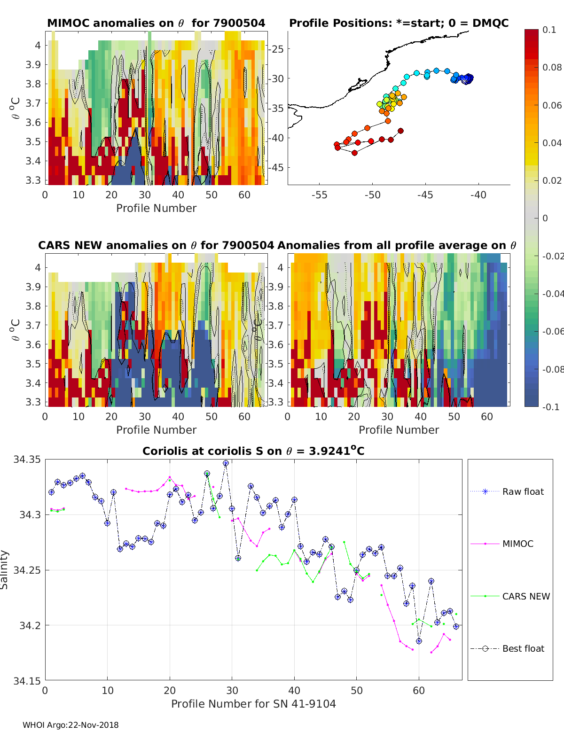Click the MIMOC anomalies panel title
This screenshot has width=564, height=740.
tap(156, 23)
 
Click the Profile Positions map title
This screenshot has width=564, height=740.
tap(399, 23)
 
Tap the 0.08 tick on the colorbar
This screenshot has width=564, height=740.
tap(552, 67)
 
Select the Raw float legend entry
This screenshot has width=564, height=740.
tap(523, 491)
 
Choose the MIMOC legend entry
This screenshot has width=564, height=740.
tap(517, 544)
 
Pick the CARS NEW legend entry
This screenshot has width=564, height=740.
tap(525, 596)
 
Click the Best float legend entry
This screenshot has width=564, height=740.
tap(523, 648)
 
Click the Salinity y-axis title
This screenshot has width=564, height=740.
tap(5, 569)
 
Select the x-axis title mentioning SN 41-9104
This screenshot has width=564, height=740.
tap(253, 704)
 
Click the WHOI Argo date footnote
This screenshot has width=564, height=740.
tap(70, 725)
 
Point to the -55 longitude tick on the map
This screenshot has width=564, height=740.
tap(319, 195)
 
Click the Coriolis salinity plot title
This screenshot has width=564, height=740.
tap(253, 451)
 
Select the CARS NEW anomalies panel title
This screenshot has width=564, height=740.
tap(156, 245)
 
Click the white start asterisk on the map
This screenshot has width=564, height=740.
tap(465, 80)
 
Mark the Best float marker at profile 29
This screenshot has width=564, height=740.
tap(226, 463)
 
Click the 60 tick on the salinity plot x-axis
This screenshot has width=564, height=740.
tap(419, 691)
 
